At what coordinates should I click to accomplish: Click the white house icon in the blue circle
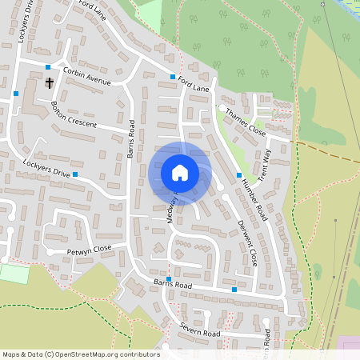coord(180,172)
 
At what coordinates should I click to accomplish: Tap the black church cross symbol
coord(49,82)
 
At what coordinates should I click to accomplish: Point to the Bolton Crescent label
coord(73,114)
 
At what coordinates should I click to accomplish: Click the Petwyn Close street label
coord(89,249)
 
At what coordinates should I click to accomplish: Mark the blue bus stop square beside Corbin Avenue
coord(48,67)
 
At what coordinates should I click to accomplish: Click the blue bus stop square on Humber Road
coord(239,175)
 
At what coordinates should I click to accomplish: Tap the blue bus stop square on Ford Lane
coord(172,77)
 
